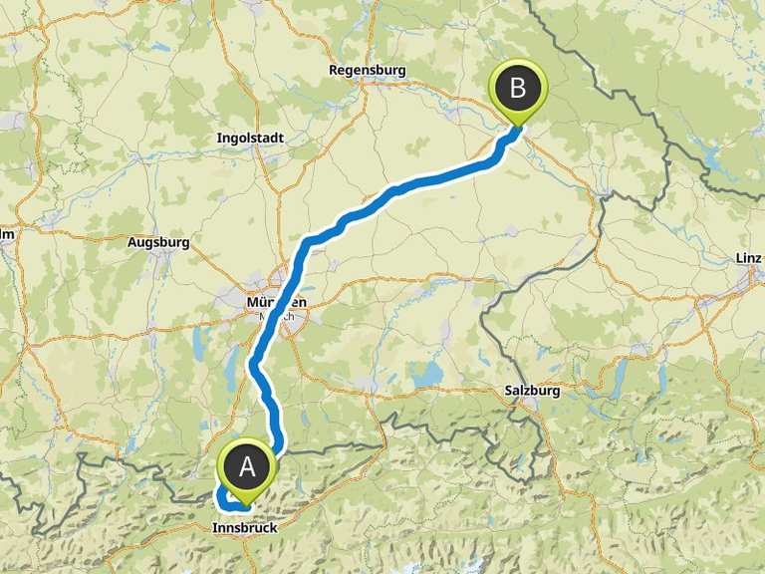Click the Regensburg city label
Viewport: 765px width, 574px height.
click(x=368, y=71)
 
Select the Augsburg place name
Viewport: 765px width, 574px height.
click(x=158, y=242)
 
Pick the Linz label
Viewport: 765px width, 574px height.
click(x=747, y=258)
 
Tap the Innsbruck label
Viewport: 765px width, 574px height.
click(x=244, y=528)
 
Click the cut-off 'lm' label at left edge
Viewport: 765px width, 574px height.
click(x=6, y=235)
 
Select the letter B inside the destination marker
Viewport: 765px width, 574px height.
click(x=518, y=87)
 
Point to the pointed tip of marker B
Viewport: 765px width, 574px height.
click(x=518, y=126)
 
